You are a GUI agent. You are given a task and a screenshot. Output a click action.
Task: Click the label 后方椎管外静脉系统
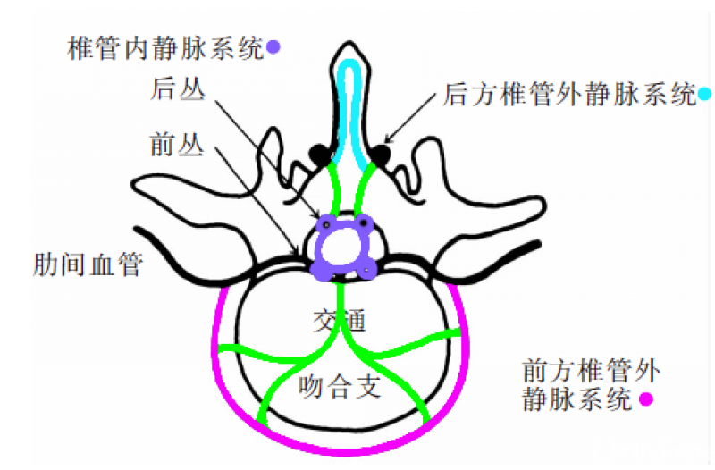(x=568, y=93)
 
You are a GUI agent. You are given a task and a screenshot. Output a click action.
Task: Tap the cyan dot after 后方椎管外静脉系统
(x=704, y=93)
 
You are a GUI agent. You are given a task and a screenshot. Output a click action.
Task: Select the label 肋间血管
(x=87, y=265)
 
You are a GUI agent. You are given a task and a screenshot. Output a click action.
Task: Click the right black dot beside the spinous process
(x=381, y=155)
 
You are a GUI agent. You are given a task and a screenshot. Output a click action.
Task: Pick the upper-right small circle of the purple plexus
(x=364, y=223)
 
